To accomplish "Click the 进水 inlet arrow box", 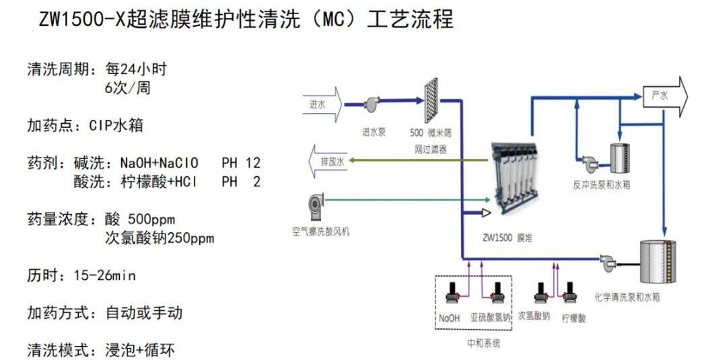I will click(x=322, y=105).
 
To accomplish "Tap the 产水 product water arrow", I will click(x=664, y=96).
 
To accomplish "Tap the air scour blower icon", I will click(x=315, y=205).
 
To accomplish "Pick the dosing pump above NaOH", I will click(x=452, y=293).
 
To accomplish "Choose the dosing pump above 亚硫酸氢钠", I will click(x=497, y=293).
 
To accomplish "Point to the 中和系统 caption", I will click(x=484, y=343).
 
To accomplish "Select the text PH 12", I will click(x=240, y=164).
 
